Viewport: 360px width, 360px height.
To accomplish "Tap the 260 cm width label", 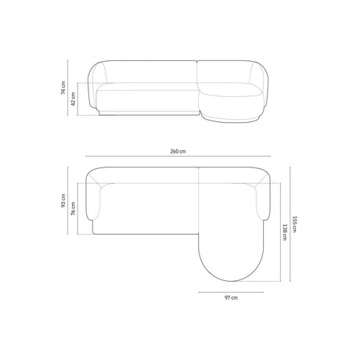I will tap(178, 150).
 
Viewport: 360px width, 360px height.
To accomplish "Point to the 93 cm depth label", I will tap(63, 202).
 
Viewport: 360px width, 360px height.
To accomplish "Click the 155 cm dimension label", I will tap(295, 225).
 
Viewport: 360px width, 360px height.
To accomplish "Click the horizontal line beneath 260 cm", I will tap(178, 158).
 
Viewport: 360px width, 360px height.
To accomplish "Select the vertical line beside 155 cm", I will tap(289, 225).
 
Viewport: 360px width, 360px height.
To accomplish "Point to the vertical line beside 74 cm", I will tap(70, 87).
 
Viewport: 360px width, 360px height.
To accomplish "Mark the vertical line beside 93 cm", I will tap(70, 202).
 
